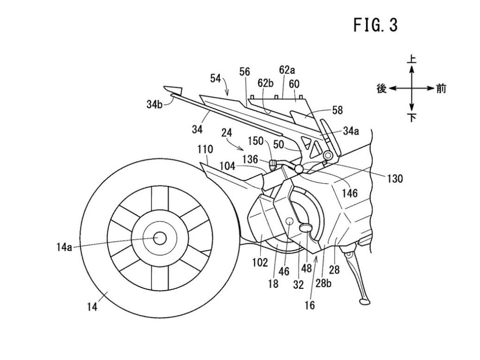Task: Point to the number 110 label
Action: (205, 150)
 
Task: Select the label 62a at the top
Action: (287, 71)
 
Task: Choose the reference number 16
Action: (309, 305)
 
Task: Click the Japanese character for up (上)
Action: (411, 60)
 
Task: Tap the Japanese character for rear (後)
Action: (381, 88)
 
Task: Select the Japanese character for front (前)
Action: (441, 88)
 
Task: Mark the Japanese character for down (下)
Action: (412, 118)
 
